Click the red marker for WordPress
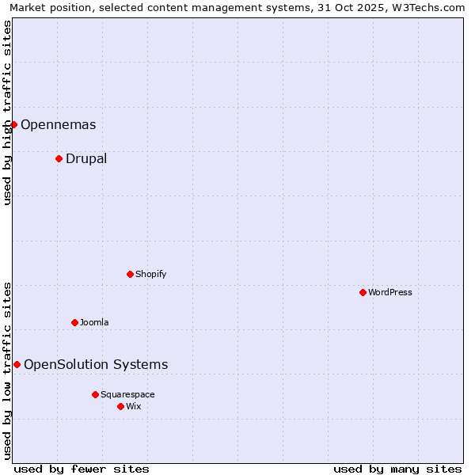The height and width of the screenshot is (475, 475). [x=363, y=292]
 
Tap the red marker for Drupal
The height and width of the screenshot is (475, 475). [x=59, y=158]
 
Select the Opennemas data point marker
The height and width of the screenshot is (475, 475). [x=13, y=124]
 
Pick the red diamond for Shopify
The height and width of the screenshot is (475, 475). [x=130, y=274]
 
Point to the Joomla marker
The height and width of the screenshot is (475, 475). [x=74, y=322]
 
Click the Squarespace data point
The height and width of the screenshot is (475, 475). [x=95, y=394]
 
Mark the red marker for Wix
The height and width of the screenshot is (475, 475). [x=120, y=406]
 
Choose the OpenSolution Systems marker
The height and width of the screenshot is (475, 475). [x=17, y=364]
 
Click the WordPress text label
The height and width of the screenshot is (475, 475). [x=390, y=292]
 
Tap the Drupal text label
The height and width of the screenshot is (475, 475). [x=86, y=158]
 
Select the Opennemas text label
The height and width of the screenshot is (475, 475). [x=58, y=124]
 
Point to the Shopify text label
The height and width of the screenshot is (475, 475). [x=151, y=274]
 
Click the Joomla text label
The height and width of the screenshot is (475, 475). [x=94, y=322]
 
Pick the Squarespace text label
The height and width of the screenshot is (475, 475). [x=127, y=394]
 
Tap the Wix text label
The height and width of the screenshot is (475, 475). [x=134, y=406]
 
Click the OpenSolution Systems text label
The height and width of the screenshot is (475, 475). [x=96, y=364]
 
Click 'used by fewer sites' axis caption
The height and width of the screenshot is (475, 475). [x=82, y=469]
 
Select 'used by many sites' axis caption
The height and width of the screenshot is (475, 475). [x=397, y=469]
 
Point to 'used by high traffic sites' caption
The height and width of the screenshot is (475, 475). [x=7, y=112]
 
